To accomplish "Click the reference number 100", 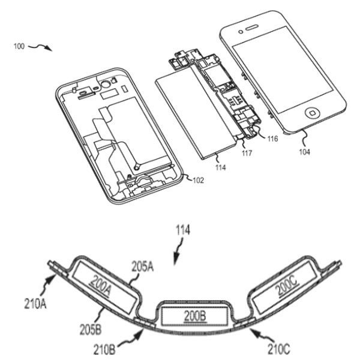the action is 19,46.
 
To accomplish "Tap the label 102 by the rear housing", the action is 198,180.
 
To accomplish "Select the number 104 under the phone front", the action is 305,152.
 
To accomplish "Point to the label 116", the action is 272,139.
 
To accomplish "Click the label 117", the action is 247,153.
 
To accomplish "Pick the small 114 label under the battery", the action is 220,167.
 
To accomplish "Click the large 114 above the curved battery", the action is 183,230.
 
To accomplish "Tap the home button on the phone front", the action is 313,113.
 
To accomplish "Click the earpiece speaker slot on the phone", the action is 251,28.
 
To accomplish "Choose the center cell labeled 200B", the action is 195,316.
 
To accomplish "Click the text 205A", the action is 143,267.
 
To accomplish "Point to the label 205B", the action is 91,330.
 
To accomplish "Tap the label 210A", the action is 35,303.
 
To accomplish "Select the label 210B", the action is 104,349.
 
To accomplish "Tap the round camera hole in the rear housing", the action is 106,85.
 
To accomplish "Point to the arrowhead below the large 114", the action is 176,260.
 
